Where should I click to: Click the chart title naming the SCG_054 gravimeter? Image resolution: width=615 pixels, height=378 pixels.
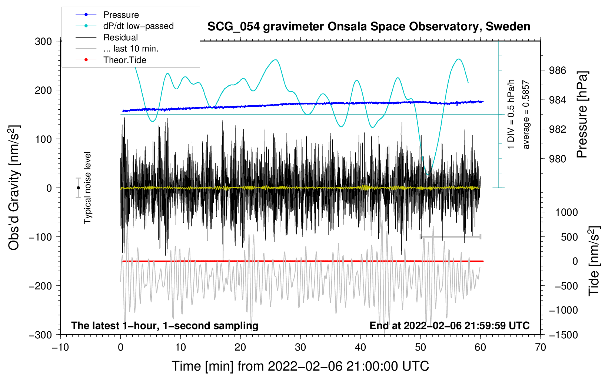pyautogui.click(x=369, y=27)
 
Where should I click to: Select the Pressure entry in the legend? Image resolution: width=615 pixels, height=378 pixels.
pyautogui.click(x=121, y=15)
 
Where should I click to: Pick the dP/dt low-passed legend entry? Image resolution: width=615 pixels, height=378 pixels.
pyautogui.click(x=138, y=26)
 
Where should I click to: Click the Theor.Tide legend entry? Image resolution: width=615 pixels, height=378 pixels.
pyautogui.click(x=124, y=60)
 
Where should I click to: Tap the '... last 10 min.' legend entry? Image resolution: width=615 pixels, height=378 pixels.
pyautogui.click(x=131, y=49)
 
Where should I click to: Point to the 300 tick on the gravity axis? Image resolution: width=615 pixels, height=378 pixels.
pyautogui.click(x=43, y=41)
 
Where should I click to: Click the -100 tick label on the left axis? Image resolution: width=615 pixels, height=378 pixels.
pyautogui.click(x=40, y=237)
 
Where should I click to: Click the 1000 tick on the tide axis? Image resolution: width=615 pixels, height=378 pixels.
pyautogui.click(x=566, y=212)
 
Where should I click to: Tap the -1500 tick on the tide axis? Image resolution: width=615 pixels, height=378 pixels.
pyautogui.click(x=563, y=335)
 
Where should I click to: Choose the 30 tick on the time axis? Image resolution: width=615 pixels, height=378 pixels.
pyautogui.click(x=300, y=347)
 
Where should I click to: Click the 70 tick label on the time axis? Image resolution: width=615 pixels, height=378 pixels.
pyautogui.click(x=541, y=347)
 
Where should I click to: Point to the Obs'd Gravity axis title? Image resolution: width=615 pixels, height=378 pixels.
pyautogui.click(x=14, y=188)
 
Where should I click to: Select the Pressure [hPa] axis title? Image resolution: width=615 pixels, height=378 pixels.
pyautogui.click(x=582, y=115)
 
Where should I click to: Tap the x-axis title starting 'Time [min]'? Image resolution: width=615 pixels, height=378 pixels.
pyautogui.click(x=300, y=366)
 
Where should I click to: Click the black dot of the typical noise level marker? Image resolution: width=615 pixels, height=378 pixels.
pyautogui.click(x=78, y=188)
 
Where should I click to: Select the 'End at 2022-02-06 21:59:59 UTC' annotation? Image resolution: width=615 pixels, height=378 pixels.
pyautogui.click(x=449, y=326)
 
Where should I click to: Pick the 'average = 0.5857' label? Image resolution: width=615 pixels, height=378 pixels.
pyautogui.click(x=526, y=115)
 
